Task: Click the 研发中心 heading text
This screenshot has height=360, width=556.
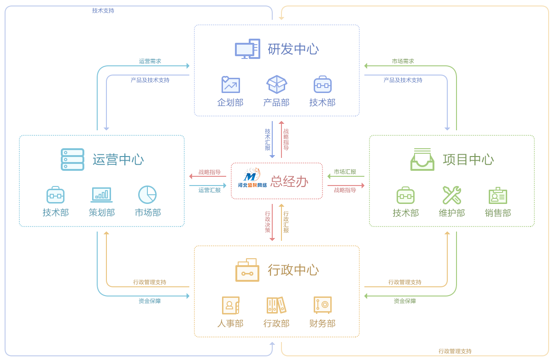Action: click(x=293, y=49)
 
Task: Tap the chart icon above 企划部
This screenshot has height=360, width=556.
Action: click(x=230, y=85)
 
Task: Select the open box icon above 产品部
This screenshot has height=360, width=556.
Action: click(x=276, y=84)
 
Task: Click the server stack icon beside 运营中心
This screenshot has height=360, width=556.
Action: click(x=72, y=159)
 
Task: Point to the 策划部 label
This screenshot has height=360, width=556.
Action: click(x=101, y=212)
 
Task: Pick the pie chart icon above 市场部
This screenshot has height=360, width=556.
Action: click(x=147, y=195)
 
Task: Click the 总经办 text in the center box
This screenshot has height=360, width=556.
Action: click(x=289, y=181)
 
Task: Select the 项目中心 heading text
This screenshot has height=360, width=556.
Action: click(x=468, y=159)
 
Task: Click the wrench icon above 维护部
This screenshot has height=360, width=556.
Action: click(x=451, y=195)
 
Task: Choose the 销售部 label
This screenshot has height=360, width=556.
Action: click(x=497, y=213)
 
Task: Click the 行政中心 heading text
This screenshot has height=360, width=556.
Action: click(x=293, y=270)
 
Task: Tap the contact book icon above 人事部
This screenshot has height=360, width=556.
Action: click(x=230, y=305)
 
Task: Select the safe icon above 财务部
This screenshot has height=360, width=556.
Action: click(x=322, y=305)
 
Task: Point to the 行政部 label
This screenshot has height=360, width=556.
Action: click(x=276, y=323)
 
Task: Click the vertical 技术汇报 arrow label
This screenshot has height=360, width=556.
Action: click(x=268, y=139)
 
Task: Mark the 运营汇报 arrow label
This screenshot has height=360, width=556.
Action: click(x=210, y=190)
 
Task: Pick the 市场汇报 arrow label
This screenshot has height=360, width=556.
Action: click(x=345, y=172)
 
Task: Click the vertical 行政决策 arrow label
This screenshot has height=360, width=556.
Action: click(x=268, y=221)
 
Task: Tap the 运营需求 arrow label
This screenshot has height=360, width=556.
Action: click(x=150, y=61)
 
